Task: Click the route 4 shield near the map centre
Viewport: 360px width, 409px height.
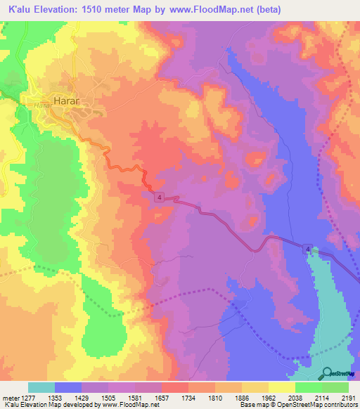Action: [161, 199]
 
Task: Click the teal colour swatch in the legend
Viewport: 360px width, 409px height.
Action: [41, 387]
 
